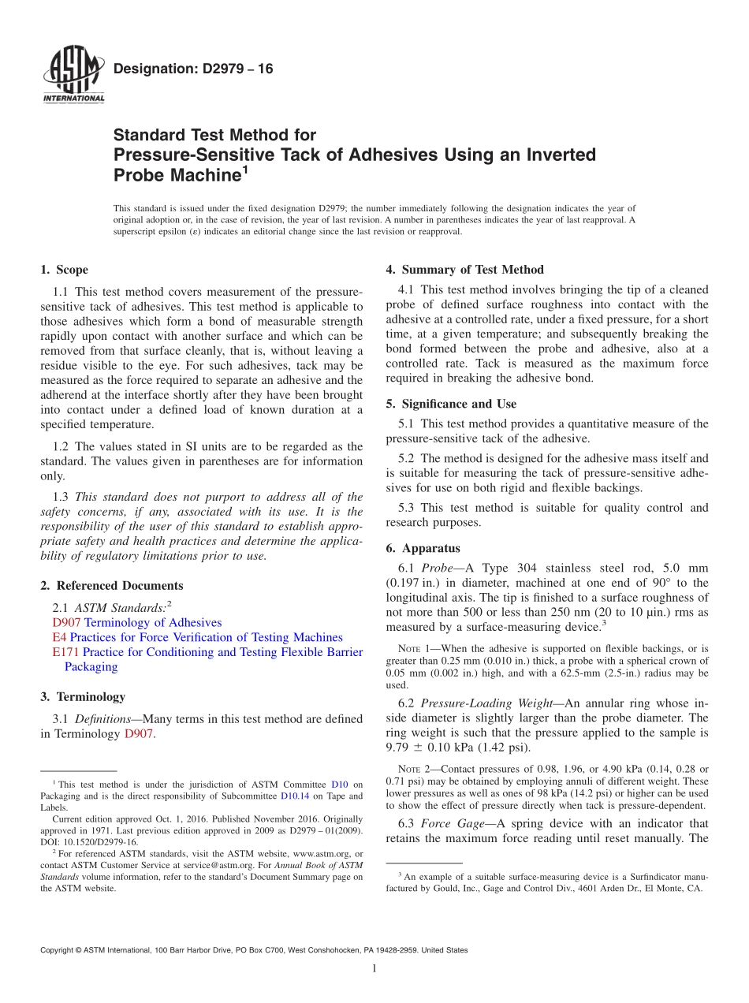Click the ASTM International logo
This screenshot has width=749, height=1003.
[73, 76]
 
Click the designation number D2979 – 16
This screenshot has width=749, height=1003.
[193, 69]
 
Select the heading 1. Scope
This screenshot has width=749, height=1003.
[64, 270]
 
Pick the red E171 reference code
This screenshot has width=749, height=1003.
[65, 652]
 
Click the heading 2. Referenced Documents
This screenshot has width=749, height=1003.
[111, 586]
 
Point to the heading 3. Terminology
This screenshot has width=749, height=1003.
[83, 697]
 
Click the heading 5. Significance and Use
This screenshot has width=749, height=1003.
[451, 404]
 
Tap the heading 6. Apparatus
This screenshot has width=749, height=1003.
[423, 548]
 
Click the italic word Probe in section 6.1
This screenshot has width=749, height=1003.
[437, 568]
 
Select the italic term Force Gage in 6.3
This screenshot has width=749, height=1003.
[447, 823]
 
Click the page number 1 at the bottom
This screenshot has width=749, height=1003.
[374, 969]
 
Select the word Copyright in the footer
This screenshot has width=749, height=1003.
[60, 951]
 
